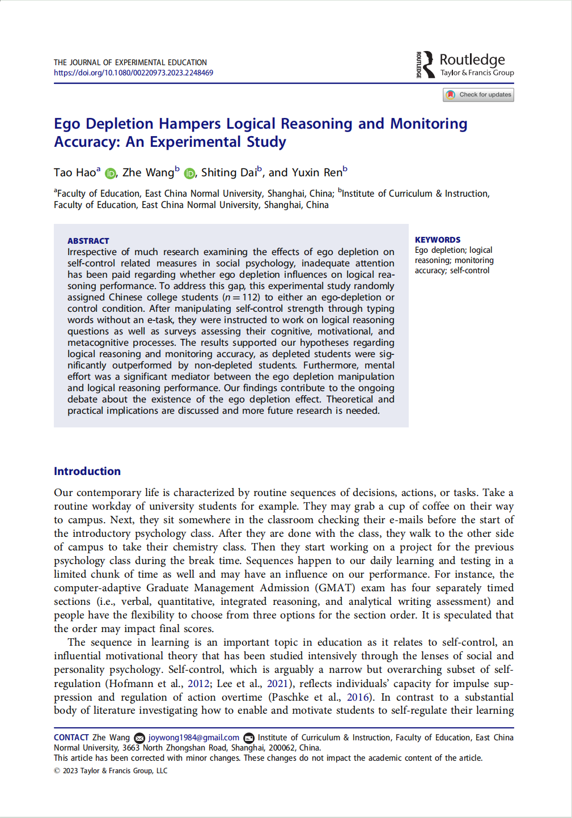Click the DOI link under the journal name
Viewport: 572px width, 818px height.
point(133,73)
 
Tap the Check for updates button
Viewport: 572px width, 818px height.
point(478,95)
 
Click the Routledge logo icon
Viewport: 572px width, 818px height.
point(425,64)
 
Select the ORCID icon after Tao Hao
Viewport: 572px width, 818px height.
point(110,173)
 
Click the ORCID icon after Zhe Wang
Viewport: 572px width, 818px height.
point(189,173)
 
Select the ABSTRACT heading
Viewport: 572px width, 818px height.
point(88,241)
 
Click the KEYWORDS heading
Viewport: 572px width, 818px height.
point(437,240)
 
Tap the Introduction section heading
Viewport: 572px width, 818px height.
point(87,471)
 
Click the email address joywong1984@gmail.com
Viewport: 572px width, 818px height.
point(193,738)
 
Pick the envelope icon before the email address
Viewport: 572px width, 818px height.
point(139,738)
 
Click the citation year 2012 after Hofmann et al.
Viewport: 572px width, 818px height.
point(198,684)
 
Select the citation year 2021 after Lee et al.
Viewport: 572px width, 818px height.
point(277,684)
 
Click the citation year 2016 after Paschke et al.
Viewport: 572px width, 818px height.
point(358,697)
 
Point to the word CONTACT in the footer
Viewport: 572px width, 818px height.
point(71,738)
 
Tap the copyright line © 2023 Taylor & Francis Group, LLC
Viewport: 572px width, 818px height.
point(111,771)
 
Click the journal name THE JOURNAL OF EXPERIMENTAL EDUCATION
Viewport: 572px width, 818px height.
point(130,62)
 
